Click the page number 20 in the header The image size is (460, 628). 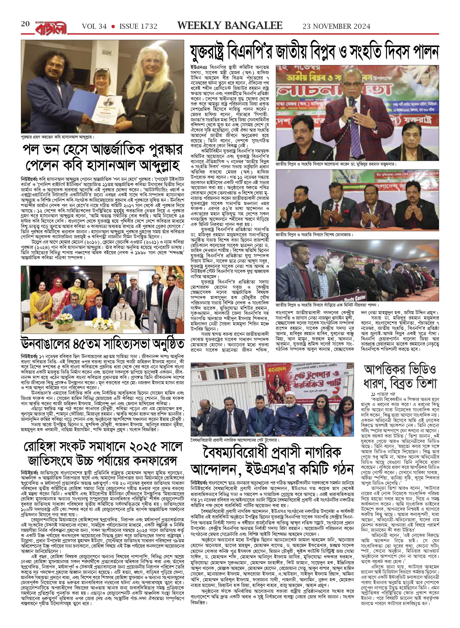coord(26,24)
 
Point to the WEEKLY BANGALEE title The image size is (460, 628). coord(230,26)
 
